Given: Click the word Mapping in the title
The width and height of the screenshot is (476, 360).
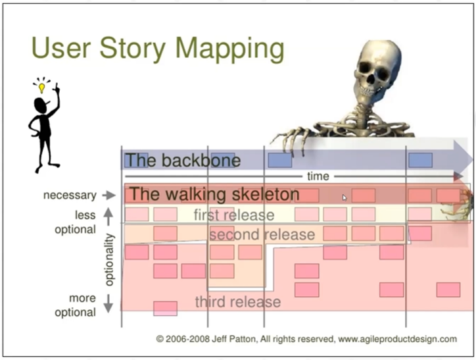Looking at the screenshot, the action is (x=230, y=49).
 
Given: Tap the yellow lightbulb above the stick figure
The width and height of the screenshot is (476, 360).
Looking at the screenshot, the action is (x=41, y=88).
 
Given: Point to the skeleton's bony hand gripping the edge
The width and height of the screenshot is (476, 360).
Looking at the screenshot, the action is (x=289, y=138).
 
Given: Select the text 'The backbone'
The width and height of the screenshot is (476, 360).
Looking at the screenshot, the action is (x=183, y=160).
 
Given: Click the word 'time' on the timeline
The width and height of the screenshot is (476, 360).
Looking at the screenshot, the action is (x=318, y=176).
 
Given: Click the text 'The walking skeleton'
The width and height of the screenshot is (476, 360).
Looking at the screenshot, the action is (x=214, y=194).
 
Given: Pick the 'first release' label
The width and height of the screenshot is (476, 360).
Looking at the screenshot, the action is (x=234, y=215).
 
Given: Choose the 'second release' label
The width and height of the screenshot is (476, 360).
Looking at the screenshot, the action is (x=262, y=234).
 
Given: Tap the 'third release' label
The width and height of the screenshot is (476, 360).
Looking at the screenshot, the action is (x=238, y=302).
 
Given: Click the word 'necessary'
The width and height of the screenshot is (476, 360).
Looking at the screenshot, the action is (x=70, y=195).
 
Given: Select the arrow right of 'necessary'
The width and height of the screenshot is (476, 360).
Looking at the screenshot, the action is (x=109, y=195).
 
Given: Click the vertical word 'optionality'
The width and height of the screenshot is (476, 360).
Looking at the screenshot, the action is (x=109, y=260).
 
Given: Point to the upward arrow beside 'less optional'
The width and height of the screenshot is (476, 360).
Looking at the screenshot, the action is (x=108, y=217).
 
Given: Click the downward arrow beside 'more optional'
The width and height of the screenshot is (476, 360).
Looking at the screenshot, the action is (x=108, y=303).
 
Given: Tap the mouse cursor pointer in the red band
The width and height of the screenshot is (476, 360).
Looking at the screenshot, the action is (x=345, y=198).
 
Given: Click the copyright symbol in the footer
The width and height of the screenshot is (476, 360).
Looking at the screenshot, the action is (x=160, y=339).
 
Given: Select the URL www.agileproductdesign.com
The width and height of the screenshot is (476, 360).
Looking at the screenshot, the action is (x=397, y=339).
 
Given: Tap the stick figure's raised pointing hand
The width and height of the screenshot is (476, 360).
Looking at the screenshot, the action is (x=57, y=89).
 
